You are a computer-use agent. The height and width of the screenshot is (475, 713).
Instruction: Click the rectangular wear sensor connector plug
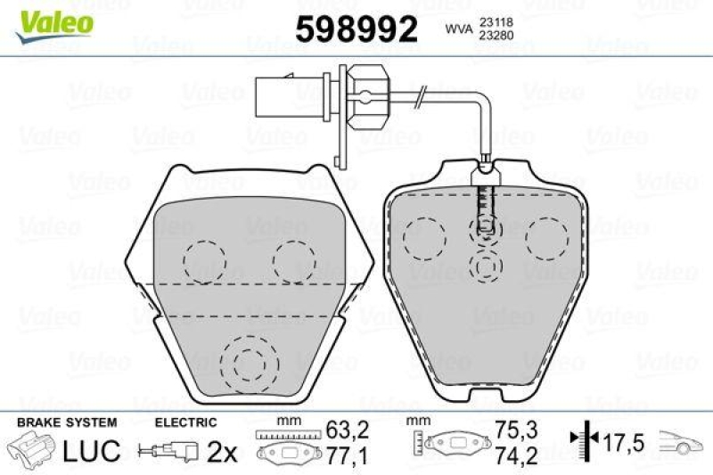285,92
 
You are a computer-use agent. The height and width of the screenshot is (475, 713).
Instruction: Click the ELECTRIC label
186,422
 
